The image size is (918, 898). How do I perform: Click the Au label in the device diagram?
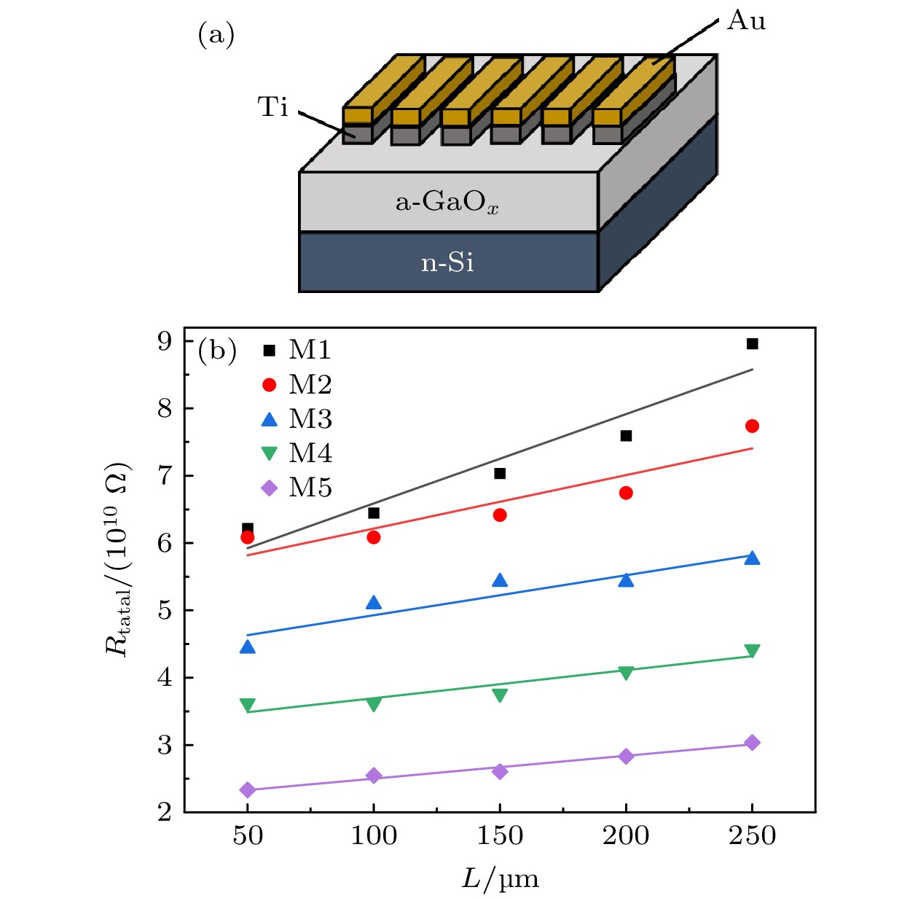coord(746,20)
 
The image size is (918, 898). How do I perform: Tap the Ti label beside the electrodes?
coord(273,107)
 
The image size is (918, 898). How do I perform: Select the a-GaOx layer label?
coord(447,202)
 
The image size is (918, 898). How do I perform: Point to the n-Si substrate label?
coord(447,262)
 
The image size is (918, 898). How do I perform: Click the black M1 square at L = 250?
coord(753,344)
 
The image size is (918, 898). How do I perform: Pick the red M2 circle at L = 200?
coord(626,493)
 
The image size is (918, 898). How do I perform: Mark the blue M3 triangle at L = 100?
coord(374,603)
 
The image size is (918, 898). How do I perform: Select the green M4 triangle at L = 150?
coord(500,695)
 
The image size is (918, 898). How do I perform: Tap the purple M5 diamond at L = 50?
coord(248,790)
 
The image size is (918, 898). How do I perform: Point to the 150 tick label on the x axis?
coord(500,836)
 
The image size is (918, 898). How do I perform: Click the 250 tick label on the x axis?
coord(752,836)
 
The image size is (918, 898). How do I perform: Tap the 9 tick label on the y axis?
coord(165,341)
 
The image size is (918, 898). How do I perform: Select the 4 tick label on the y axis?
coord(165,678)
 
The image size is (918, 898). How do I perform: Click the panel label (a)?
coord(216,34)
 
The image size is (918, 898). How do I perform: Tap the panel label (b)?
coord(217,351)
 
